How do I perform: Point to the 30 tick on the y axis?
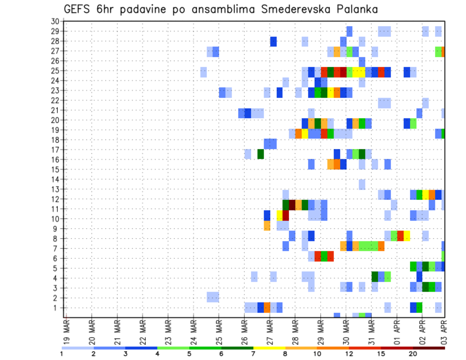(55, 21)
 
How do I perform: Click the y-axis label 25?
(55, 71)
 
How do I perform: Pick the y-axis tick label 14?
(55, 179)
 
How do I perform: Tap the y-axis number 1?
(57, 308)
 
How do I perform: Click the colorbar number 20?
(413, 354)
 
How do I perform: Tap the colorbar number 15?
(381, 354)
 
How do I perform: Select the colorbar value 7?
(253, 354)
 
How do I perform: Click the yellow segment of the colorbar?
(269, 348)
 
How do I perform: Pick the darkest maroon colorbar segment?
(429, 348)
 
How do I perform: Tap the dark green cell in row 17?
(261, 154)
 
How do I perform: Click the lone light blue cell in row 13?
(362, 184)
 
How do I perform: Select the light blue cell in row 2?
(213, 296)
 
